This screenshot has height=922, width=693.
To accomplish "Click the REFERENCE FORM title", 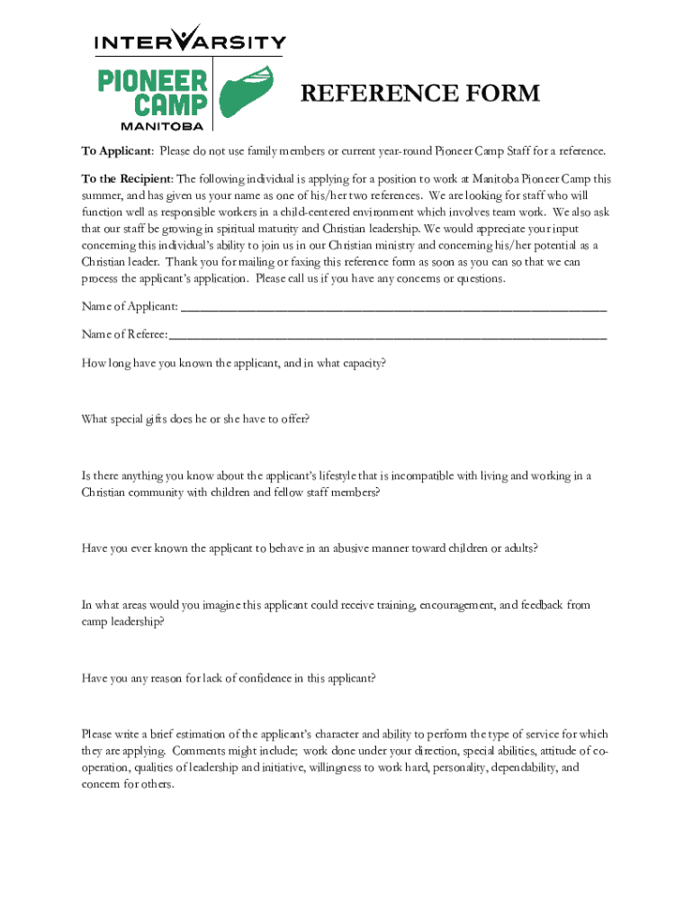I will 419,94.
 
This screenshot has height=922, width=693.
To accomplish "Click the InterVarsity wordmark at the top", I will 191,41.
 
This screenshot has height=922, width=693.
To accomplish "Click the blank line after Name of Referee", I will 387,334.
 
